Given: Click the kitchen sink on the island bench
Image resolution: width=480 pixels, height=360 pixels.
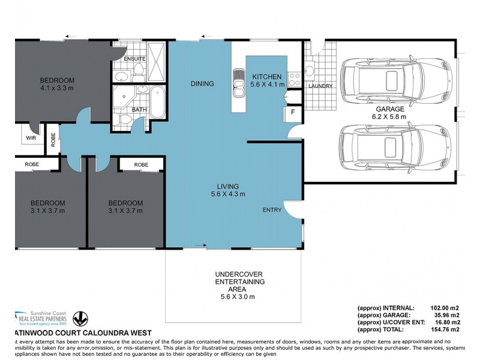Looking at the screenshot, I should pos(238,79).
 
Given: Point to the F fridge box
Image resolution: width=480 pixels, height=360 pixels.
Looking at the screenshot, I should pos(293,112).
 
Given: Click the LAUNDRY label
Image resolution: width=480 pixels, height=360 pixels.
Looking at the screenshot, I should pos(320,86).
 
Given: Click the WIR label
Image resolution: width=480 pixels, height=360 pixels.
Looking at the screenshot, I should pos(31,137).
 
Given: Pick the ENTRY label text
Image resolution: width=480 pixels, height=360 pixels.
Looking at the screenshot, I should pos(272,210).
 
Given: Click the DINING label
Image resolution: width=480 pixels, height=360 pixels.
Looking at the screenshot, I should pos(202,83).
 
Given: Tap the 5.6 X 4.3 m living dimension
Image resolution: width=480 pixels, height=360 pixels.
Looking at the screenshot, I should pos(227,194).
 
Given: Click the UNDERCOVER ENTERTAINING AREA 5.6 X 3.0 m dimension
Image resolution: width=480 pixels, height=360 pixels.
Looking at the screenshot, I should pos(239,296).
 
